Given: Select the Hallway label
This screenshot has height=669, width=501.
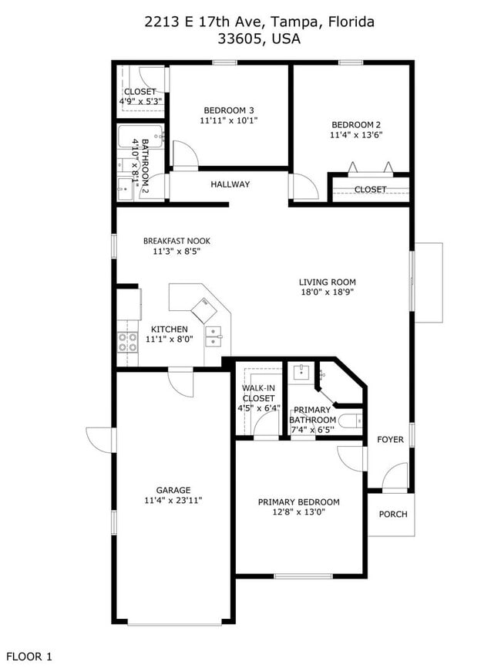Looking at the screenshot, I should coord(230,184).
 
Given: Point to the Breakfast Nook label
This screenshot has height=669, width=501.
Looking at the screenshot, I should coord(177,241).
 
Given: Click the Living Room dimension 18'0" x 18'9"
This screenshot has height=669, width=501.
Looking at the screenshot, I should coord(328,292).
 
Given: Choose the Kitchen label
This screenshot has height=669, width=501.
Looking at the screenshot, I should coord(169,329).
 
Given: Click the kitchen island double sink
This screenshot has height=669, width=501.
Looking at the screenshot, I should coord(214,333).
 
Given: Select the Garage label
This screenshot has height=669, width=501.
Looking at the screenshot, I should coord(173,490).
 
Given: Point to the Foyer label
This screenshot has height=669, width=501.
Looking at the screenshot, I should coord(390,440).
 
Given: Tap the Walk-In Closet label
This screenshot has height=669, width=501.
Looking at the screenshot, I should coord(258,394).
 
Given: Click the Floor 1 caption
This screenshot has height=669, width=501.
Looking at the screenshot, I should coord(28,657).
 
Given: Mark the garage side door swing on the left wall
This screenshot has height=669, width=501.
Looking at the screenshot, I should coord(101,440).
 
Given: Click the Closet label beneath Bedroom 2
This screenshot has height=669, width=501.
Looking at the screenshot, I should coord(370,189).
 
